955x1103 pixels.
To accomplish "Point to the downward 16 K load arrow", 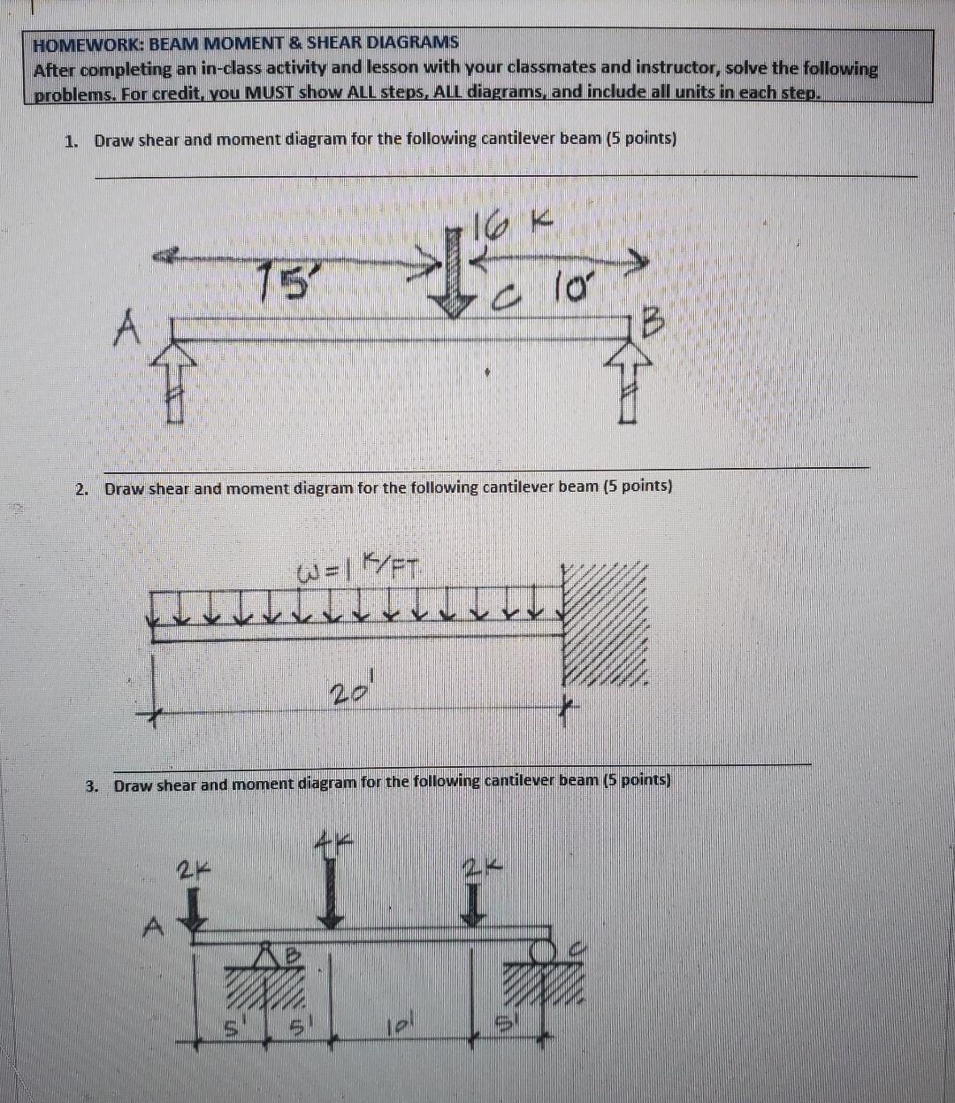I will click(x=454, y=275).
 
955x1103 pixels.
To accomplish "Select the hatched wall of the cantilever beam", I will click(x=605, y=624).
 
